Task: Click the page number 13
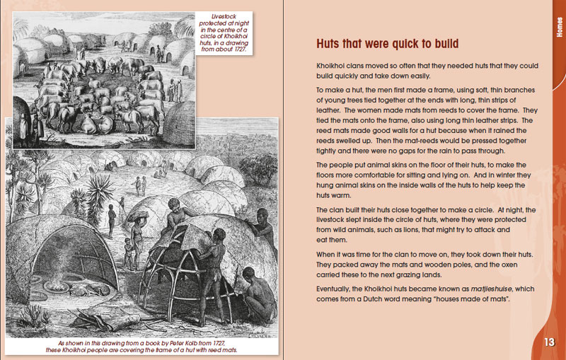coord(548,342)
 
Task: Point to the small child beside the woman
coord(128,251)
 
